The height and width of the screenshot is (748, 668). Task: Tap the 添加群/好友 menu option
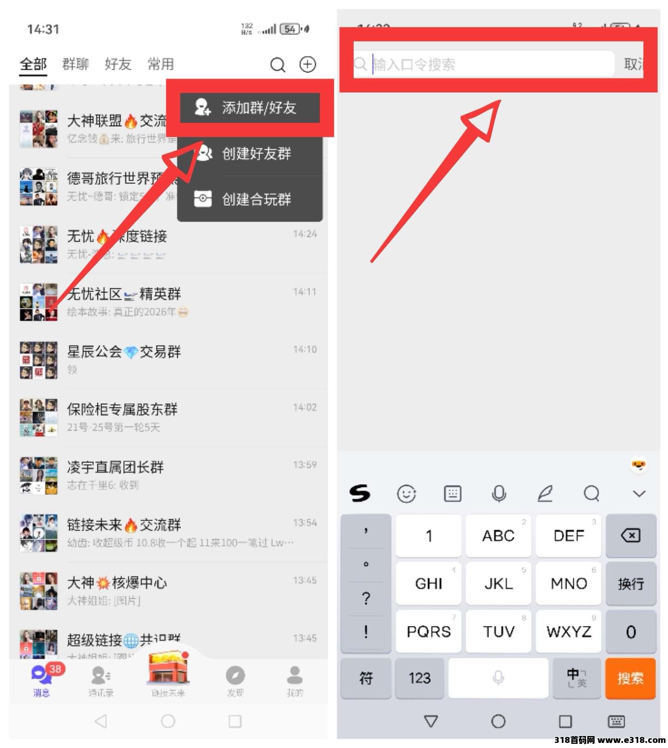coord(250,108)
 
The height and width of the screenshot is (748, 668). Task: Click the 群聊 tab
coord(75,64)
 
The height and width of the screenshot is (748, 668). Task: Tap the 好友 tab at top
coord(118,64)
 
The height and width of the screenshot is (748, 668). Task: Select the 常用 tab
coord(160,64)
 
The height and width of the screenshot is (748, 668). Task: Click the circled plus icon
coord(307,64)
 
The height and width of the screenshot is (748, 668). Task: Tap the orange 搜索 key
coord(630,678)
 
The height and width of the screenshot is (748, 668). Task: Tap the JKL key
coord(499,584)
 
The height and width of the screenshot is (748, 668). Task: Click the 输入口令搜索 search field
coord(485,64)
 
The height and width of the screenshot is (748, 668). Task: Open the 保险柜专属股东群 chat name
coord(122,409)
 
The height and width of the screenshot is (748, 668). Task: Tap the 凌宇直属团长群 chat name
coord(115,467)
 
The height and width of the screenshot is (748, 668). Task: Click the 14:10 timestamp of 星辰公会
coord(305,349)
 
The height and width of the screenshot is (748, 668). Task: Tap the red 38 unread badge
coord(55,669)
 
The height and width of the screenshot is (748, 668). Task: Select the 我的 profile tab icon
coord(295,675)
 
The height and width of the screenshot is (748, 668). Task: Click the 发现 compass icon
coord(235,675)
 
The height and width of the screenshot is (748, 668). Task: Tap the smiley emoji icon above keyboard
coord(406,493)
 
